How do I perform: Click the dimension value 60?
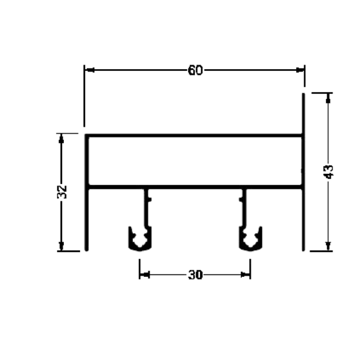[x=195, y=70]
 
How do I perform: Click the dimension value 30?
[x=196, y=275]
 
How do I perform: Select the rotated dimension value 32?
[x=62, y=192]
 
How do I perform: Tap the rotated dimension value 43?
[x=328, y=172]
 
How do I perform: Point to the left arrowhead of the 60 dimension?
[x=90, y=70]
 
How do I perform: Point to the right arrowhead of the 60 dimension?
[x=300, y=70]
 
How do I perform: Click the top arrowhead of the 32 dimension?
[x=61, y=139]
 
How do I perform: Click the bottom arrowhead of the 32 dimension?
[x=61, y=246]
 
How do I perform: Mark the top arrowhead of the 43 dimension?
[x=328, y=98]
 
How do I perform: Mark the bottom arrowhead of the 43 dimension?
[x=328, y=246]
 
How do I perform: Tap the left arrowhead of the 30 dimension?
[x=145, y=274]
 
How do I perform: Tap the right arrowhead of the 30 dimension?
[x=246, y=274]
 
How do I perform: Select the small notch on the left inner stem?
[x=150, y=200]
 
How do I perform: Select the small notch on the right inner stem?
[x=241, y=200]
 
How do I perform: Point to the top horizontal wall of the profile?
[x=194, y=136]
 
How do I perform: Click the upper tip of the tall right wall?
[x=303, y=94]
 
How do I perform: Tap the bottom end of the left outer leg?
[x=86, y=250]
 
